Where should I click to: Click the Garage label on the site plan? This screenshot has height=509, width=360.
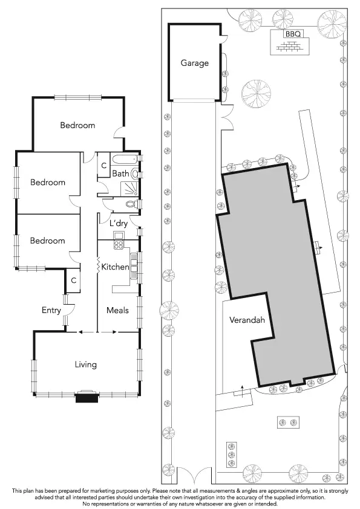(x=194, y=63)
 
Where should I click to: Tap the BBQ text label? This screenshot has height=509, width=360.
(x=292, y=34)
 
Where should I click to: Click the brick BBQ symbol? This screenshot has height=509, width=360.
(x=292, y=46)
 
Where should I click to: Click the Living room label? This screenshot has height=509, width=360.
(x=85, y=365)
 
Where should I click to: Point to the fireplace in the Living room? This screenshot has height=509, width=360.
(x=85, y=396)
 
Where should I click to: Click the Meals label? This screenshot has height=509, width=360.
(x=117, y=310)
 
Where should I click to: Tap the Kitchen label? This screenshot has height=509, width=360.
(x=114, y=267)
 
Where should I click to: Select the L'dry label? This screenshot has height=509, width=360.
(x=118, y=223)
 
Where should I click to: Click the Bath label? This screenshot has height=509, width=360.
(x=120, y=173)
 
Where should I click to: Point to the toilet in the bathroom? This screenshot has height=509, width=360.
(x=136, y=173)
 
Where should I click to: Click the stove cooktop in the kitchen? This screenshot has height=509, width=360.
(x=119, y=245)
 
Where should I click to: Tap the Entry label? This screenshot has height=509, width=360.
(x=51, y=310)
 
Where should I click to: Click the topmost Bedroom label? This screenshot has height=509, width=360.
(x=77, y=125)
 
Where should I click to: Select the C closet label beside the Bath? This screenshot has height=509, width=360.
(x=103, y=165)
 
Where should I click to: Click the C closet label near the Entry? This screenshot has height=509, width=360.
(x=73, y=280)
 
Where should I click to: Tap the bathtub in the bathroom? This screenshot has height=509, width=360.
(x=126, y=160)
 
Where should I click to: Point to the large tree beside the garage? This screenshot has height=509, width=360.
(x=255, y=94)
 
